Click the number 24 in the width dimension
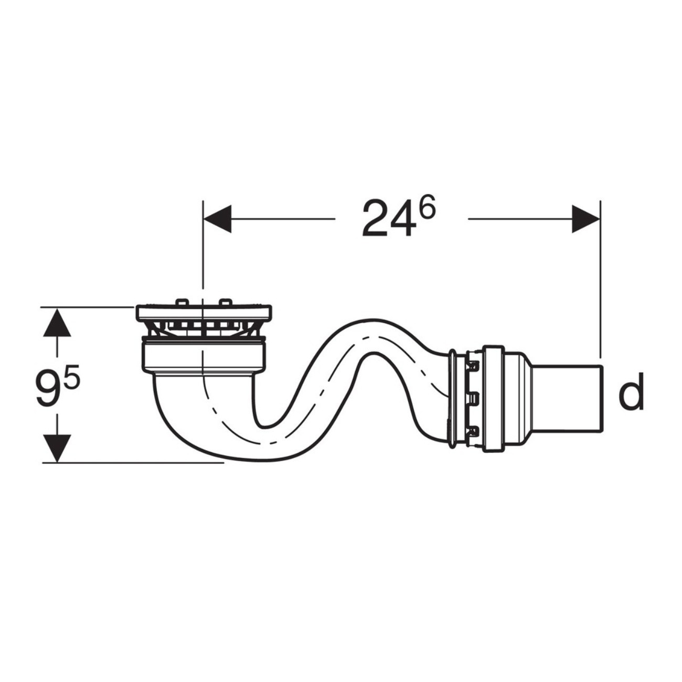coord(389,219)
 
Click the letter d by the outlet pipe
coord(631,395)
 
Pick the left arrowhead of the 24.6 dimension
coord(217,218)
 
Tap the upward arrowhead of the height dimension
coord(57,323)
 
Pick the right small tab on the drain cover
coord(225,302)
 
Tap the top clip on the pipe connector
coord(474,363)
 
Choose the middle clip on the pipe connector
coord(474,398)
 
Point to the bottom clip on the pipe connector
coord(474,432)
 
